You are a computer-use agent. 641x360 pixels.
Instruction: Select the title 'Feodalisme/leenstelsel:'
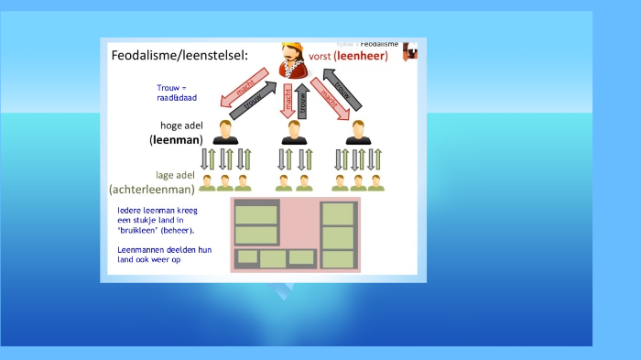point(179,56)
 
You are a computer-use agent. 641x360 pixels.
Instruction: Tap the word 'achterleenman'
point(152,190)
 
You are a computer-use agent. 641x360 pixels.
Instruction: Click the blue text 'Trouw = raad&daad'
point(172,92)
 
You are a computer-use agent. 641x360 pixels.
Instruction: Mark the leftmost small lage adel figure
point(208,182)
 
